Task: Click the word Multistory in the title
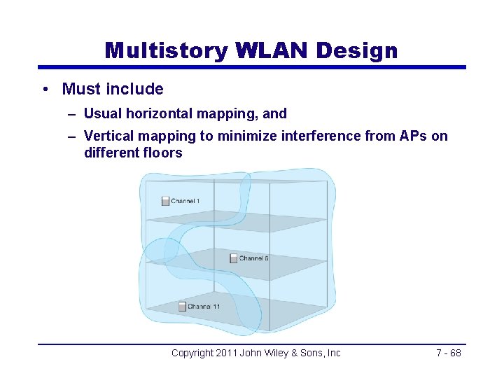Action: click(x=167, y=50)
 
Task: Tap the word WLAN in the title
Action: click(x=272, y=50)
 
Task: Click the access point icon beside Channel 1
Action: click(x=165, y=202)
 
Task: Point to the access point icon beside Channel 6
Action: click(x=234, y=258)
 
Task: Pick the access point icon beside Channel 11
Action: click(x=182, y=307)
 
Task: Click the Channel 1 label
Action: click(x=185, y=202)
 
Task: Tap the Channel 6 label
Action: click(x=253, y=258)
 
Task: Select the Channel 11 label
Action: click(x=204, y=307)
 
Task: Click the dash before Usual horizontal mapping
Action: click(x=73, y=113)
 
